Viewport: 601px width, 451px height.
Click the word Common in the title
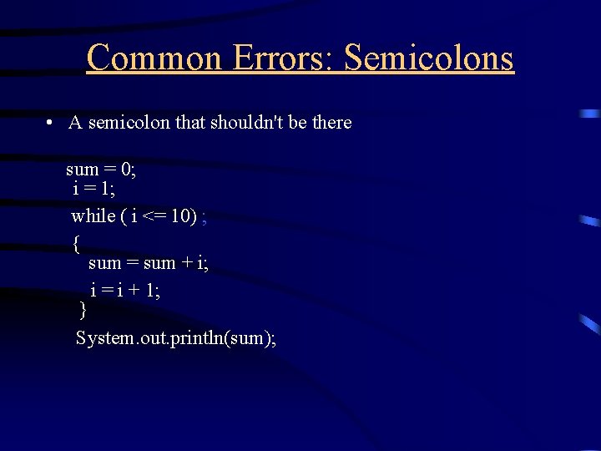[154, 58]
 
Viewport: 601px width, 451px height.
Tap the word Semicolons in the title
[429, 58]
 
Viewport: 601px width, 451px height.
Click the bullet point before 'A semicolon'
[51, 124]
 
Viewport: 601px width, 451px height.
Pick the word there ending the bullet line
[331, 123]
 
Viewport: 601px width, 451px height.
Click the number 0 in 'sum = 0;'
[126, 170]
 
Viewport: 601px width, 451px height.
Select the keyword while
[93, 216]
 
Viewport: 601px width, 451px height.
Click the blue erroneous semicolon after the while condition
[205, 218]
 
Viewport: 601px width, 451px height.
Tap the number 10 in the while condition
[182, 216]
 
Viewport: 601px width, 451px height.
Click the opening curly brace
[76, 244]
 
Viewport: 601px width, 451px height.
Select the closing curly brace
[82, 311]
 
